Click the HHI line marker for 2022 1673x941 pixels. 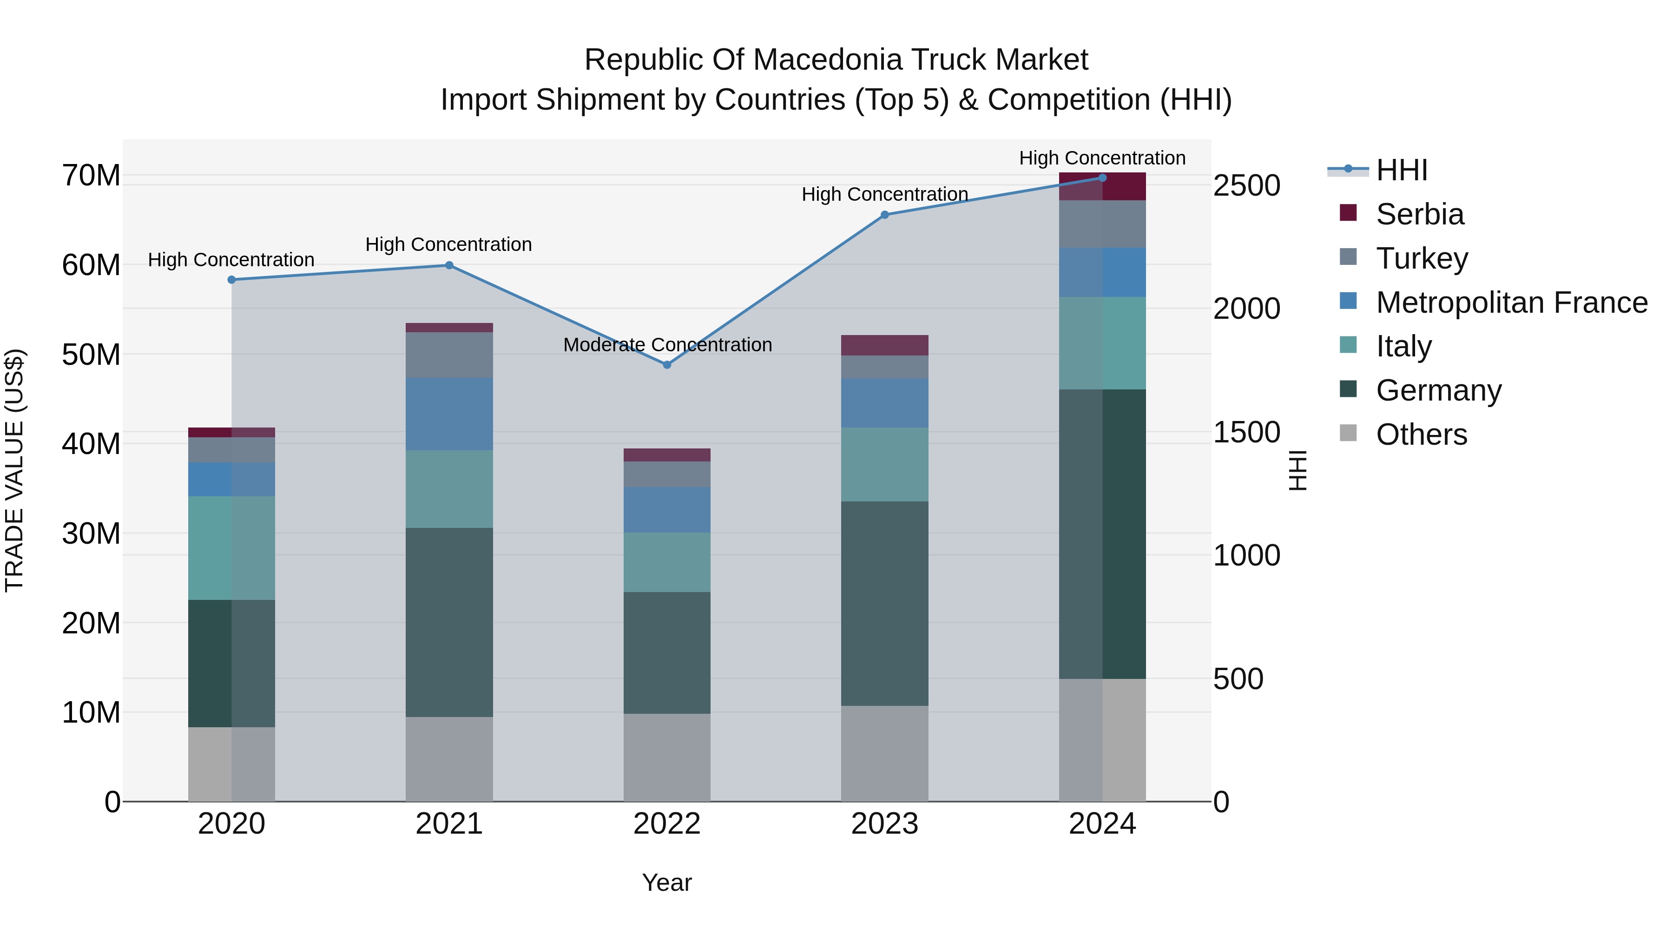pos(666,365)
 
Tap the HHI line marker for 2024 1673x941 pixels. pos(1102,178)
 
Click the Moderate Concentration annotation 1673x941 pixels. pos(667,345)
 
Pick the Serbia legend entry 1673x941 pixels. pos(1419,214)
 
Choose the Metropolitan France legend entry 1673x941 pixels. pos(1511,303)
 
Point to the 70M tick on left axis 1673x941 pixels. pos(91,176)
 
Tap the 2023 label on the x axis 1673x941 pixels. pos(884,824)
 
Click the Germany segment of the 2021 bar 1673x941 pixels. pos(449,622)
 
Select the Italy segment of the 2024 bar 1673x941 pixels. pos(1102,343)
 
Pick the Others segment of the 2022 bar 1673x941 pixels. pos(666,757)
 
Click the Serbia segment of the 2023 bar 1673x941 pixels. pos(884,345)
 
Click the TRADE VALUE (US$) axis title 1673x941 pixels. pos(14,470)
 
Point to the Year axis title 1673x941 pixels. pos(666,882)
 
